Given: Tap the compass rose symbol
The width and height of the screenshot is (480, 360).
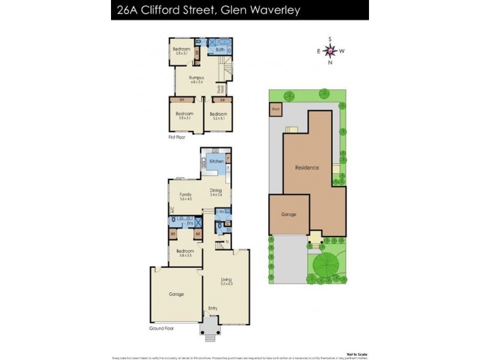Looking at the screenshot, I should [330, 51].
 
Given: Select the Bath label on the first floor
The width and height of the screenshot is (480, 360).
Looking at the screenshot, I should [220, 50].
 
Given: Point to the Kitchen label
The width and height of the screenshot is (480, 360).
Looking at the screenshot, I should [216, 161].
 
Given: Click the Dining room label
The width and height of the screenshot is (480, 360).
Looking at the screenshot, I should [216, 191].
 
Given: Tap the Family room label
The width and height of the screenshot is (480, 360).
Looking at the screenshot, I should [186, 195].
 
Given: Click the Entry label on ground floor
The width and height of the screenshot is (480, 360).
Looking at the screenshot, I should [213, 308].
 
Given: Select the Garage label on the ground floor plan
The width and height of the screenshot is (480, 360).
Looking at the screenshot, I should [176, 294].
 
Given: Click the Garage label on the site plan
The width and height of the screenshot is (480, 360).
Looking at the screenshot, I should [289, 214].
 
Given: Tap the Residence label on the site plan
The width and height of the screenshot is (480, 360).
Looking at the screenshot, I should [307, 167].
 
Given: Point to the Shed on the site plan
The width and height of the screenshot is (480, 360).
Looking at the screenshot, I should [275, 110].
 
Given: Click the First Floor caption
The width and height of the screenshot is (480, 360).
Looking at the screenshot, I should [176, 137].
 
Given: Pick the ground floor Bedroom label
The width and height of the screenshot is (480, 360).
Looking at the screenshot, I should [185, 251].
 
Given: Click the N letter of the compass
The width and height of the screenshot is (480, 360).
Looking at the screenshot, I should [330, 62].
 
